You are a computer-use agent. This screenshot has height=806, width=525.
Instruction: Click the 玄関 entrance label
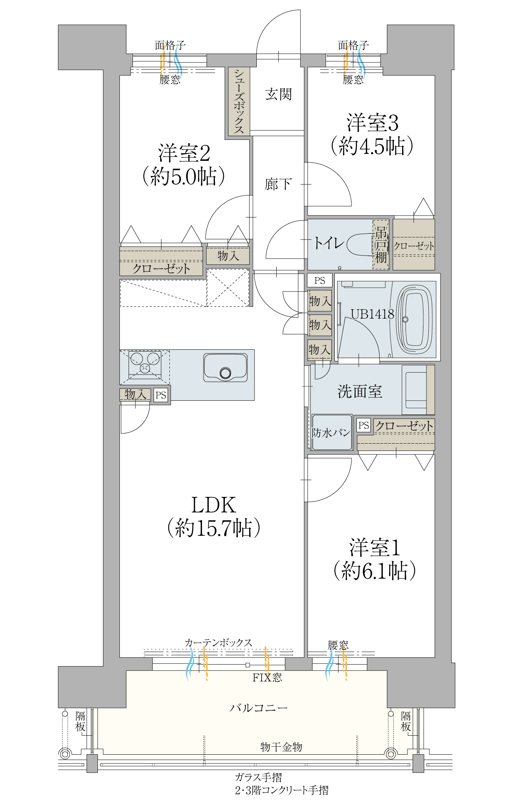click(x=278, y=94)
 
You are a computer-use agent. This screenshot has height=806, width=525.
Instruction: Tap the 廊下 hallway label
click(x=278, y=184)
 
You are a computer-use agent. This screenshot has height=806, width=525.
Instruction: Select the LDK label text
click(x=213, y=505)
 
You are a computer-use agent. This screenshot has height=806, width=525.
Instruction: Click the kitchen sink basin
click(x=226, y=367)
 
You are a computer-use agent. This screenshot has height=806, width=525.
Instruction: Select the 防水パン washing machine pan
click(x=331, y=432)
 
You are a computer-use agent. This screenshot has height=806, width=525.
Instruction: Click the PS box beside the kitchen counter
click(x=161, y=395)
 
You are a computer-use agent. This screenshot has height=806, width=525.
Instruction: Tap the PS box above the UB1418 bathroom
click(x=320, y=281)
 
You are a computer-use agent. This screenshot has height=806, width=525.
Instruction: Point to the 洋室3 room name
click(x=372, y=123)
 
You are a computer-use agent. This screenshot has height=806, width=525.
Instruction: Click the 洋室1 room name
click(x=374, y=548)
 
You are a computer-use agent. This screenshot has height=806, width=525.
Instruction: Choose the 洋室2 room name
click(x=184, y=153)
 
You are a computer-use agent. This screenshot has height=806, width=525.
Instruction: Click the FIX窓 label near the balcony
click(x=267, y=677)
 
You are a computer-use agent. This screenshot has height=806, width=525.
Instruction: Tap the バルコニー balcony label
click(x=259, y=708)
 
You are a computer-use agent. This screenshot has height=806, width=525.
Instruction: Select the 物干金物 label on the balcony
click(x=281, y=747)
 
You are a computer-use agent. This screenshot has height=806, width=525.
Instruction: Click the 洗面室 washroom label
click(x=360, y=391)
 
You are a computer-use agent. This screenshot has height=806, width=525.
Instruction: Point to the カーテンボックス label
click(x=218, y=643)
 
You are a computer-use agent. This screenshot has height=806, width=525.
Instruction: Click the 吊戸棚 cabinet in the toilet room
click(x=381, y=244)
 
